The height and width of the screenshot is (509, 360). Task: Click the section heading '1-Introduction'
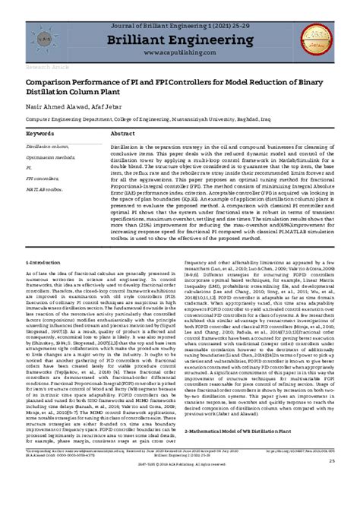click(x=44, y=283)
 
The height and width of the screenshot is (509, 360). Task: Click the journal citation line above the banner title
click(x=179, y=17)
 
